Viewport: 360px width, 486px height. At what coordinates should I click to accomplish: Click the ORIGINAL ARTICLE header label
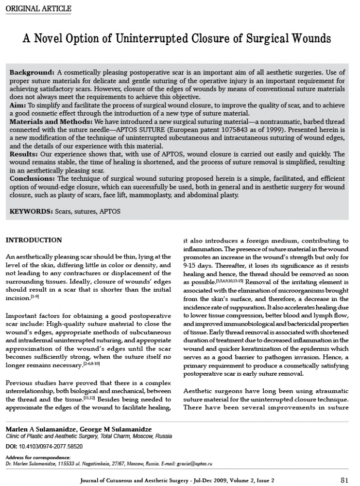pos(37,9)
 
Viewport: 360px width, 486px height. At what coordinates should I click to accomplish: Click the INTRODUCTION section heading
pos(33,240)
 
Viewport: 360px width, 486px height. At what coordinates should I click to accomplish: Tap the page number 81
pos(345,479)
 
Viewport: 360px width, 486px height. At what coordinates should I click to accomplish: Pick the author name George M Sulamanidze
pos(124,429)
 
